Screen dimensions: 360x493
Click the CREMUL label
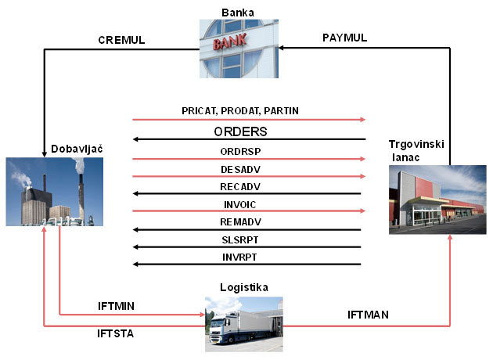(x=121, y=39)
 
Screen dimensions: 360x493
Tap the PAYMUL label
(x=345, y=38)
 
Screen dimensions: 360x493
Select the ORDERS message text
(x=241, y=131)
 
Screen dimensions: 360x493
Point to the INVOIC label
(x=240, y=205)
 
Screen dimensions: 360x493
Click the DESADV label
(x=240, y=169)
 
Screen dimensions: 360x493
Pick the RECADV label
(x=240, y=187)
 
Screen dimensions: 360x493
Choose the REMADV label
(x=240, y=223)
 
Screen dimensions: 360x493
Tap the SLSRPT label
(x=240, y=240)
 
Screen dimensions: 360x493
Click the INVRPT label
(x=240, y=257)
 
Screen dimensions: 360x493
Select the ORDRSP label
(x=240, y=151)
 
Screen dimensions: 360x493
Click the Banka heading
(x=238, y=13)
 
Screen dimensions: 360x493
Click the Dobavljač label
(x=77, y=148)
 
